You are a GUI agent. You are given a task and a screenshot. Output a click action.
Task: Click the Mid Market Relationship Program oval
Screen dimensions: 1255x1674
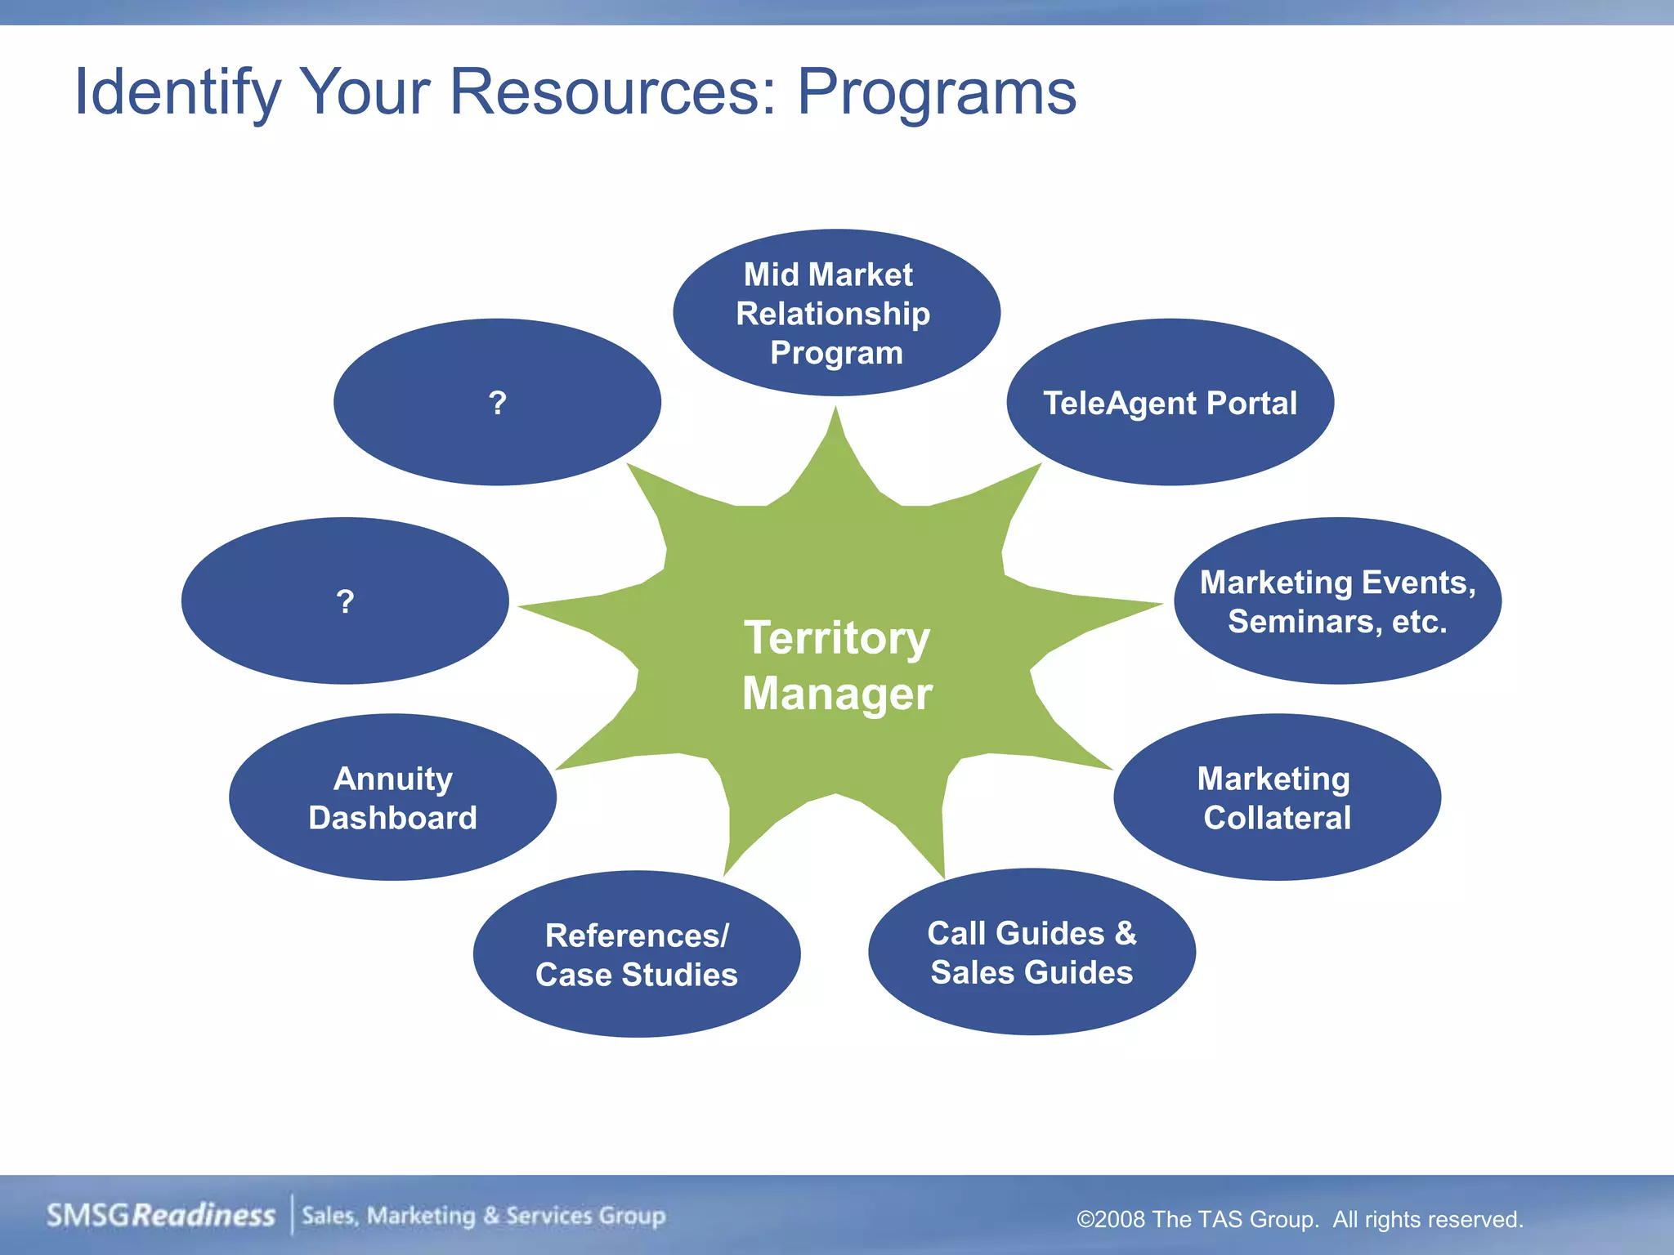click(x=835, y=313)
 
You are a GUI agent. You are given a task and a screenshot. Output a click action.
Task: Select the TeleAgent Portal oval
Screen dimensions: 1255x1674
click(x=1170, y=403)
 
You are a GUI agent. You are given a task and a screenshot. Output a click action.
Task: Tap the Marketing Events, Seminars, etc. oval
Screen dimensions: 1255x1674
click(x=1337, y=601)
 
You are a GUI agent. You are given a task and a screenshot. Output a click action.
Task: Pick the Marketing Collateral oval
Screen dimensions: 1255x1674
click(x=1276, y=797)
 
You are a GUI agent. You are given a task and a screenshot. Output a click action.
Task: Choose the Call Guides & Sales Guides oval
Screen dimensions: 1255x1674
click(x=1032, y=952)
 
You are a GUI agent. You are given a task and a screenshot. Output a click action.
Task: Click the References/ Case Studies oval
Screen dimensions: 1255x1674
click(x=636, y=954)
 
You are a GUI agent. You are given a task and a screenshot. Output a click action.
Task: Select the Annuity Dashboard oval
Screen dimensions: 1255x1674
click(x=392, y=797)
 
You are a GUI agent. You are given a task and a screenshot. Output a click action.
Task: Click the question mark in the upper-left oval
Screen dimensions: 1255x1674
click(x=498, y=403)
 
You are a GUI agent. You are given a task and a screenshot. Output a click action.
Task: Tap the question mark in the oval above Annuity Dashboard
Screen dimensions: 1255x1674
click(x=345, y=602)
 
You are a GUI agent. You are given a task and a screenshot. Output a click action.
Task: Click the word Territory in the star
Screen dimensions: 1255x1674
click(x=837, y=638)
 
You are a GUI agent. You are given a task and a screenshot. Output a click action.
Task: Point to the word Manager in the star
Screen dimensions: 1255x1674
click(x=837, y=694)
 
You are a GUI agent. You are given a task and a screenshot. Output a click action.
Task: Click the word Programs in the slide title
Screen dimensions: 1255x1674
click(x=936, y=92)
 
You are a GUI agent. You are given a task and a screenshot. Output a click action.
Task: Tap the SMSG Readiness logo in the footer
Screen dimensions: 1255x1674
click(x=161, y=1215)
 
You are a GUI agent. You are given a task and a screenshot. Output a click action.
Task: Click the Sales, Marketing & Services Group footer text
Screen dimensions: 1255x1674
click(x=484, y=1216)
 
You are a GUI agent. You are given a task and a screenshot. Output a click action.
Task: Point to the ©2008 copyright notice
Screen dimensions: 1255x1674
click(x=1300, y=1219)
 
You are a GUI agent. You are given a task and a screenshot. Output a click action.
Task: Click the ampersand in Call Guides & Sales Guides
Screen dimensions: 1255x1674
click(x=1126, y=933)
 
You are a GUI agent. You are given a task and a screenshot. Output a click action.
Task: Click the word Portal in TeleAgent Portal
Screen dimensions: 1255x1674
click(x=1251, y=403)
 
